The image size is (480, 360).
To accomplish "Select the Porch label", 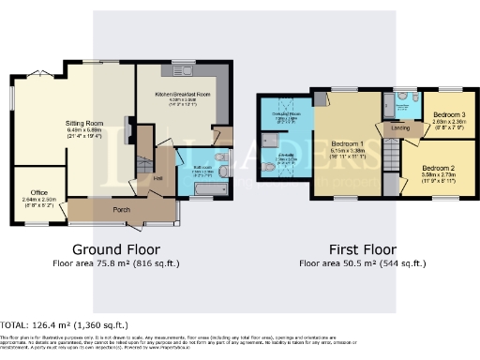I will [121, 209].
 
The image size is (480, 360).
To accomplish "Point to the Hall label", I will [158, 176].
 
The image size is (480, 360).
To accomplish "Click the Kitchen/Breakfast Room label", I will [177, 95].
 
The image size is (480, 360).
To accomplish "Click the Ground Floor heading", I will [116, 249].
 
